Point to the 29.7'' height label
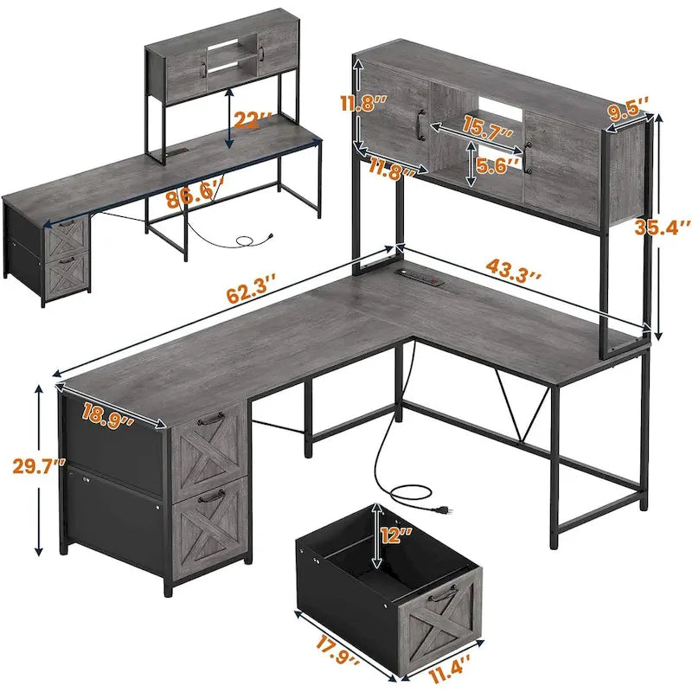31,467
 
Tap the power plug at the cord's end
443,509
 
